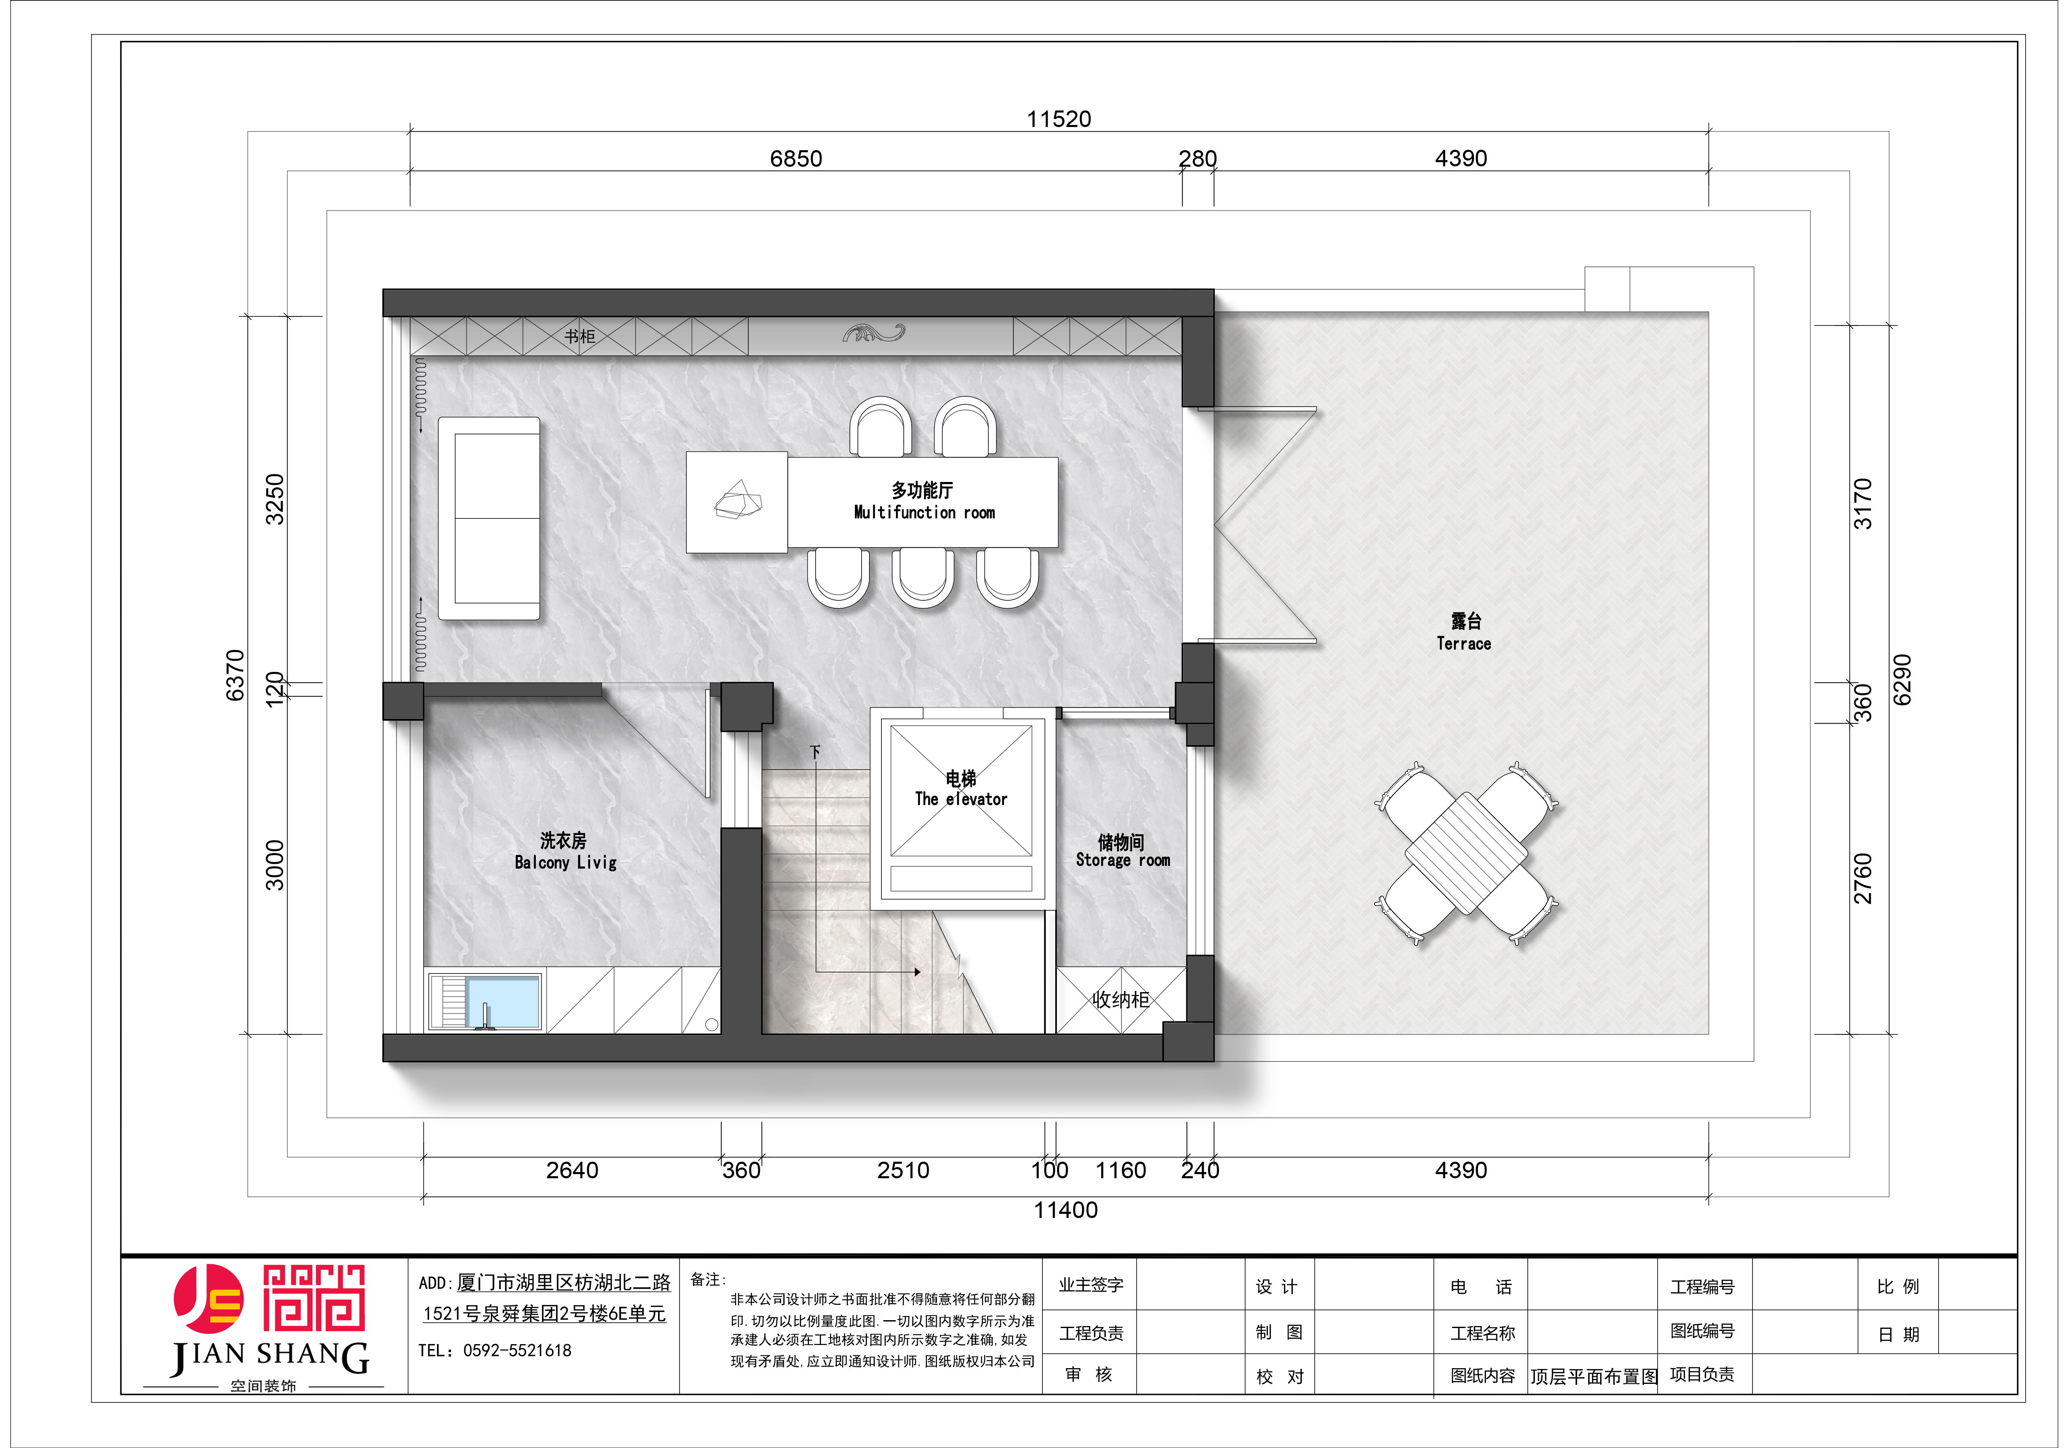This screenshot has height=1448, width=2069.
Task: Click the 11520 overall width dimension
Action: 1059,119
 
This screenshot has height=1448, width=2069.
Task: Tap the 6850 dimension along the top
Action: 796,158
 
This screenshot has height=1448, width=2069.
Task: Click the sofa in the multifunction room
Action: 489,518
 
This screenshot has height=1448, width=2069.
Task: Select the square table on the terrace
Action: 1466,853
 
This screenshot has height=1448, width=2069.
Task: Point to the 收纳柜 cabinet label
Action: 1121,999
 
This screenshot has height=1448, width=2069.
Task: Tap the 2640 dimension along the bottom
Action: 572,1170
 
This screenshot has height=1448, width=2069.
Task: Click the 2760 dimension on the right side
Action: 1863,879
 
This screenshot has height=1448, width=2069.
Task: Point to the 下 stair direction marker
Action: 815,751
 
